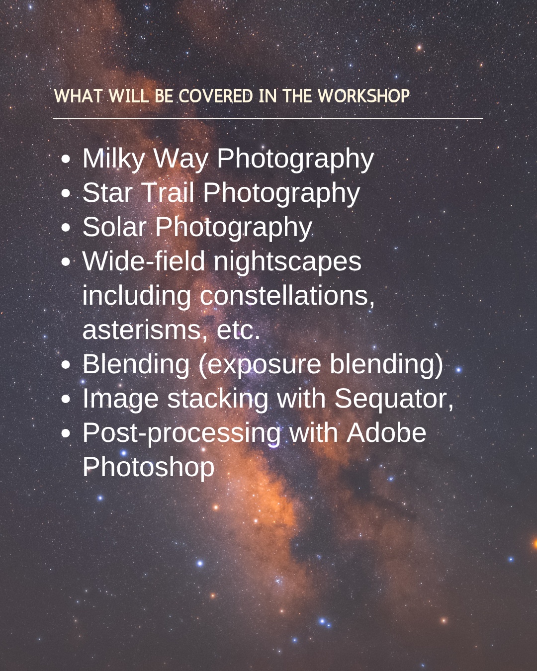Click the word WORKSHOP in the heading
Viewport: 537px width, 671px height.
point(364,96)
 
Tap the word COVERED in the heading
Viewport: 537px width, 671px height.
point(216,96)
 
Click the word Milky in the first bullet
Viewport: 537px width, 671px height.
point(113,159)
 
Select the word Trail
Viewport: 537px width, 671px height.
point(168,193)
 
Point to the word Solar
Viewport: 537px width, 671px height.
point(114,227)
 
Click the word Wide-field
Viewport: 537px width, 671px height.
point(144,261)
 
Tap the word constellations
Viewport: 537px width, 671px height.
point(287,296)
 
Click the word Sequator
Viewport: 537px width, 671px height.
point(394,399)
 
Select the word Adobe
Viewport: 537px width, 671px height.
point(386,433)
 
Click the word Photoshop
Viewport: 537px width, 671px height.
point(149,468)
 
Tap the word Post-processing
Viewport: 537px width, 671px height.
point(181,434)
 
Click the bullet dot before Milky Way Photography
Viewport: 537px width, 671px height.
point(66,159)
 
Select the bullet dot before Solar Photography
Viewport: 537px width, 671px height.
point(66,228)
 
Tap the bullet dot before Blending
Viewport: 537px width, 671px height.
point(66,365)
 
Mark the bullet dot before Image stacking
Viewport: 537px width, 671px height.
point(66,399)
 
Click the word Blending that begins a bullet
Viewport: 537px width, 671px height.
point(136,365)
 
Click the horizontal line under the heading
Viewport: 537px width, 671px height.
point(268,118)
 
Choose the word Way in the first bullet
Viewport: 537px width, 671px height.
point(181,160)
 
